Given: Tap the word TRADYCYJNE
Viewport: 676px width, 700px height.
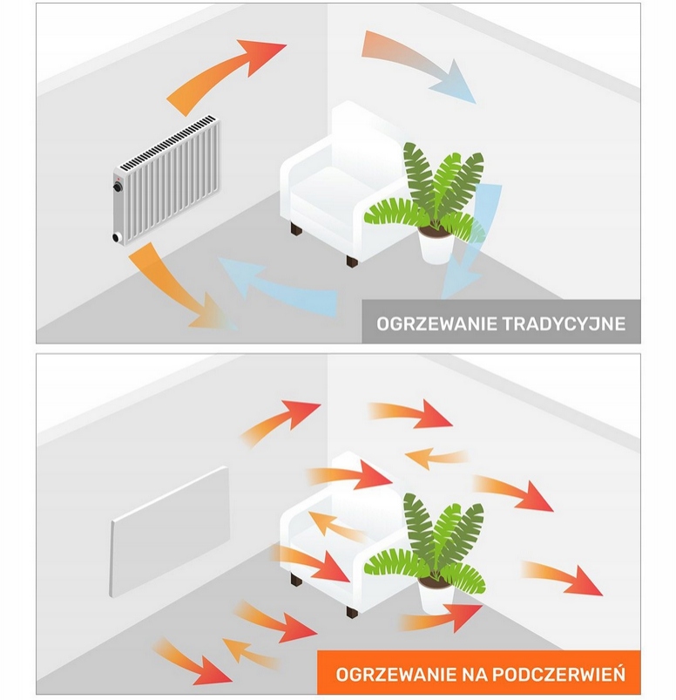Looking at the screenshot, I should [564, 323].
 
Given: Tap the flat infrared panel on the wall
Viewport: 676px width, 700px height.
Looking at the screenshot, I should [171, 531].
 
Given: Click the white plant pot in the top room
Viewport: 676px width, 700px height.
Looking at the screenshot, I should [436, 246].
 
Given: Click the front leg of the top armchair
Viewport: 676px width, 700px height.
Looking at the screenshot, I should [351, 259].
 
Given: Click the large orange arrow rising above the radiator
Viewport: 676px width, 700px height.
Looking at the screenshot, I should [226, 75].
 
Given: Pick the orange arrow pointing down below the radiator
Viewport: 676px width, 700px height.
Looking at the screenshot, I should [173, 287].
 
